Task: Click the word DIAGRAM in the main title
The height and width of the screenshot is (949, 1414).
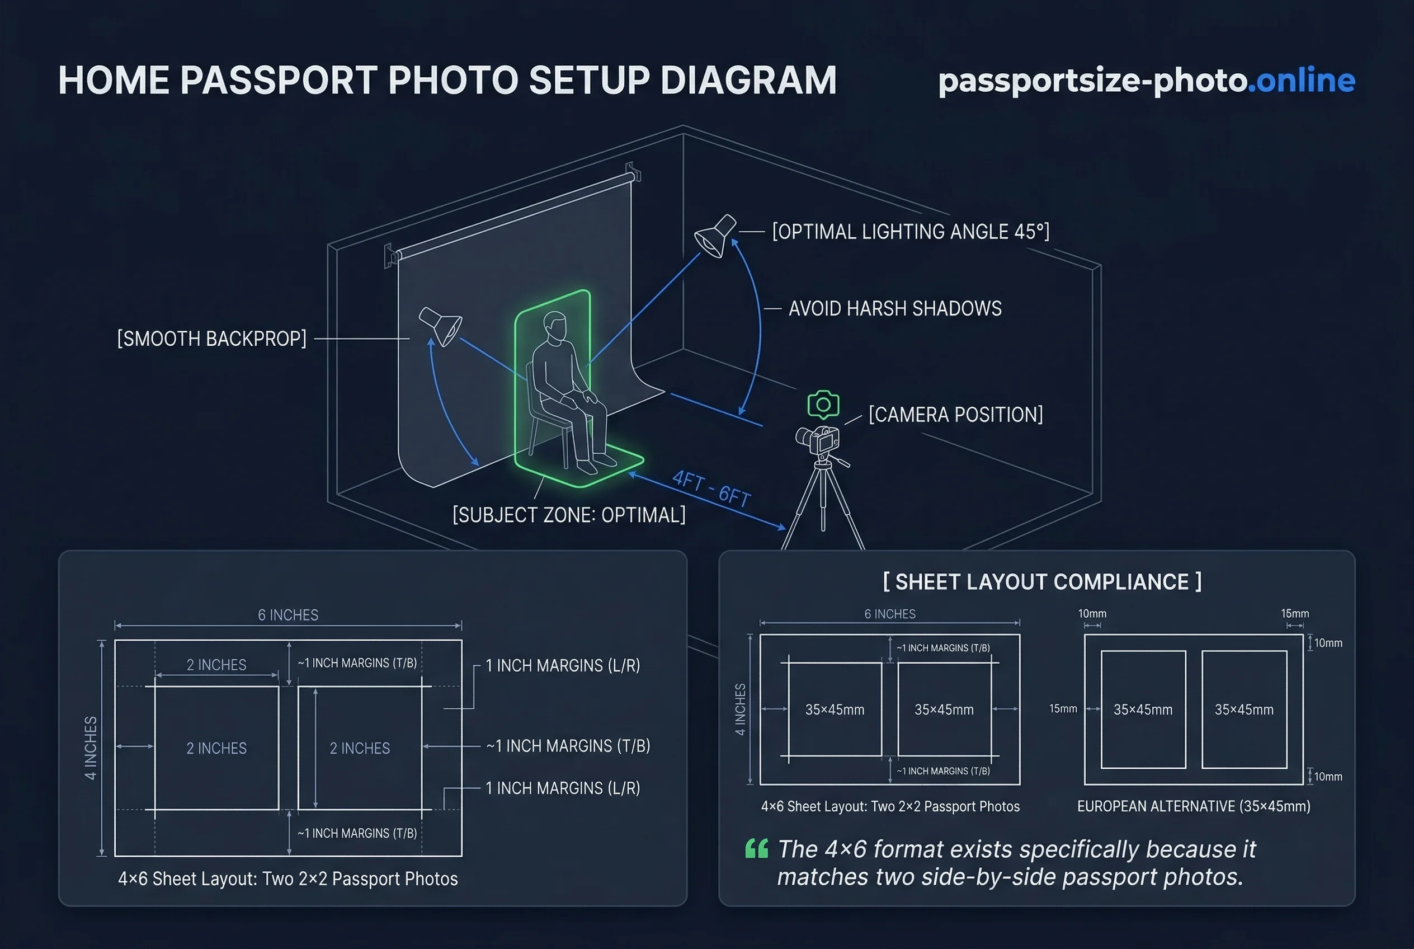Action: (748, 81)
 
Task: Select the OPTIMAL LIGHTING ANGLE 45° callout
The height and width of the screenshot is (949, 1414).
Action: (911, 232)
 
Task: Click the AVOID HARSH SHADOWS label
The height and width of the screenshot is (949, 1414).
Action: (894, 309)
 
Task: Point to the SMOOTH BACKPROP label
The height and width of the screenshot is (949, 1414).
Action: (212, 339)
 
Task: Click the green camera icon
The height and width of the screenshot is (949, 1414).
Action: (823, 405)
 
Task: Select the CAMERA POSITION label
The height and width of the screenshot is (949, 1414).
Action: (955, 415)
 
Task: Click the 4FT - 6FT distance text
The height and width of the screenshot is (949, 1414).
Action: (711, 488)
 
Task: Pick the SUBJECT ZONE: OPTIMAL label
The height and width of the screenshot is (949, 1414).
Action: (569, 515)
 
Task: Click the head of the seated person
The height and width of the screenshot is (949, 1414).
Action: (554, 327)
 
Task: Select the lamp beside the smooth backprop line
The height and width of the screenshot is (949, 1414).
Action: (440, 326)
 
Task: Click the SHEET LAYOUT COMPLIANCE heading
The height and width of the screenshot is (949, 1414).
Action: (1042, 581)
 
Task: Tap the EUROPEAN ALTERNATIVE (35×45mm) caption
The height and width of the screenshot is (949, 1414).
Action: (1193, 806)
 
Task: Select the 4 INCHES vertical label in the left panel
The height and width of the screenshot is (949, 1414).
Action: (91, 748)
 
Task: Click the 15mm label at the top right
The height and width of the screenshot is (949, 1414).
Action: (1294, 614)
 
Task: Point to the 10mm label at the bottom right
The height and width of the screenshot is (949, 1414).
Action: (1327, 777)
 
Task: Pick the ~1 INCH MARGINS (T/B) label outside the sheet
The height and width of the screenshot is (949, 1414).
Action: (568, 746)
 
